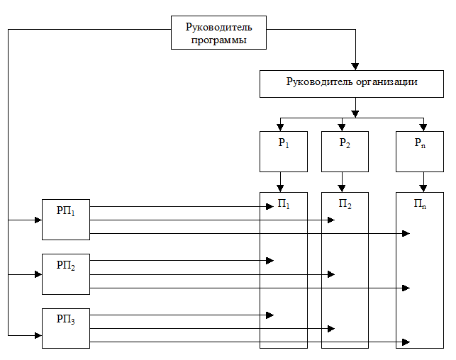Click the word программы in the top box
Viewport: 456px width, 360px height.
click(218, 40)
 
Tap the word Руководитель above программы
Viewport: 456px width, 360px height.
click(218, 28)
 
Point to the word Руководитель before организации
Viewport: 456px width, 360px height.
click(320, 81)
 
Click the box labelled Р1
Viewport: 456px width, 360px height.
click(284, 152)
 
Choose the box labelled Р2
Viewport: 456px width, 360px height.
click(345, 152)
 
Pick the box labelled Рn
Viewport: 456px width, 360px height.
click(419, 152)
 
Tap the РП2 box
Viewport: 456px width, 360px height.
click(66, 274)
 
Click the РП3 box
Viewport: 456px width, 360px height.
click(66, 328)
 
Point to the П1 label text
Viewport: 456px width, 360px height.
click(284, 206)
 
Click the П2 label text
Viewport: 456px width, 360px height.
click(345, 206)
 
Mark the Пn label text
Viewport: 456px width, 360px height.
click(420, 206)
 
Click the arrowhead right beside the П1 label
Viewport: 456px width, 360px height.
click(269, 206)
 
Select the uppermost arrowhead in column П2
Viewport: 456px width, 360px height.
click(330, 220)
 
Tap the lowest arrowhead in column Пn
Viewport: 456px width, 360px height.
click(406, 342)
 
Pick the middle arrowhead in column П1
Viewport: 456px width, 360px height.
click(269, 261)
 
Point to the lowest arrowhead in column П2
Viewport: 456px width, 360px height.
click(330, 329)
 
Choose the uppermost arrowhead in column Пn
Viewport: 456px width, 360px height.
click(406, 233)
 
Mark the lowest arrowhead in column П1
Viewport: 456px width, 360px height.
click(269, 315)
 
